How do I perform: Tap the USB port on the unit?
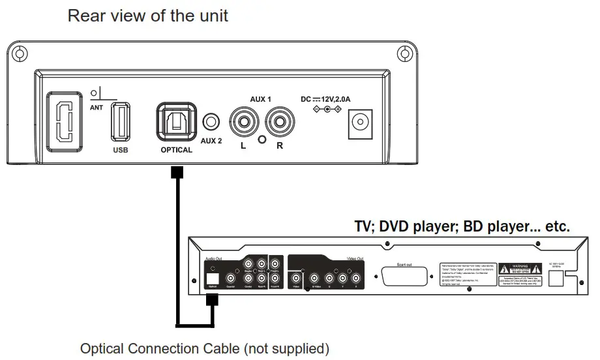coord(119,121)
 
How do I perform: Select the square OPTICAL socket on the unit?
coord(176,121)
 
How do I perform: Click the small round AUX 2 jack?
coord(211,121)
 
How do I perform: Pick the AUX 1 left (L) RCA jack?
coord(243,121)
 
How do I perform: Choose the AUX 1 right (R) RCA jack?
coord(280,121)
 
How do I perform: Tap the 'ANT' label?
coord(97,108)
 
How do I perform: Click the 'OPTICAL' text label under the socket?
coord(176,150)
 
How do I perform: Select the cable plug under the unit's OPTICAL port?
coord(176,173)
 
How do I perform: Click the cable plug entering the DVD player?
coord(211,299)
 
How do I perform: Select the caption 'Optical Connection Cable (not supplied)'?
coord(205,348)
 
